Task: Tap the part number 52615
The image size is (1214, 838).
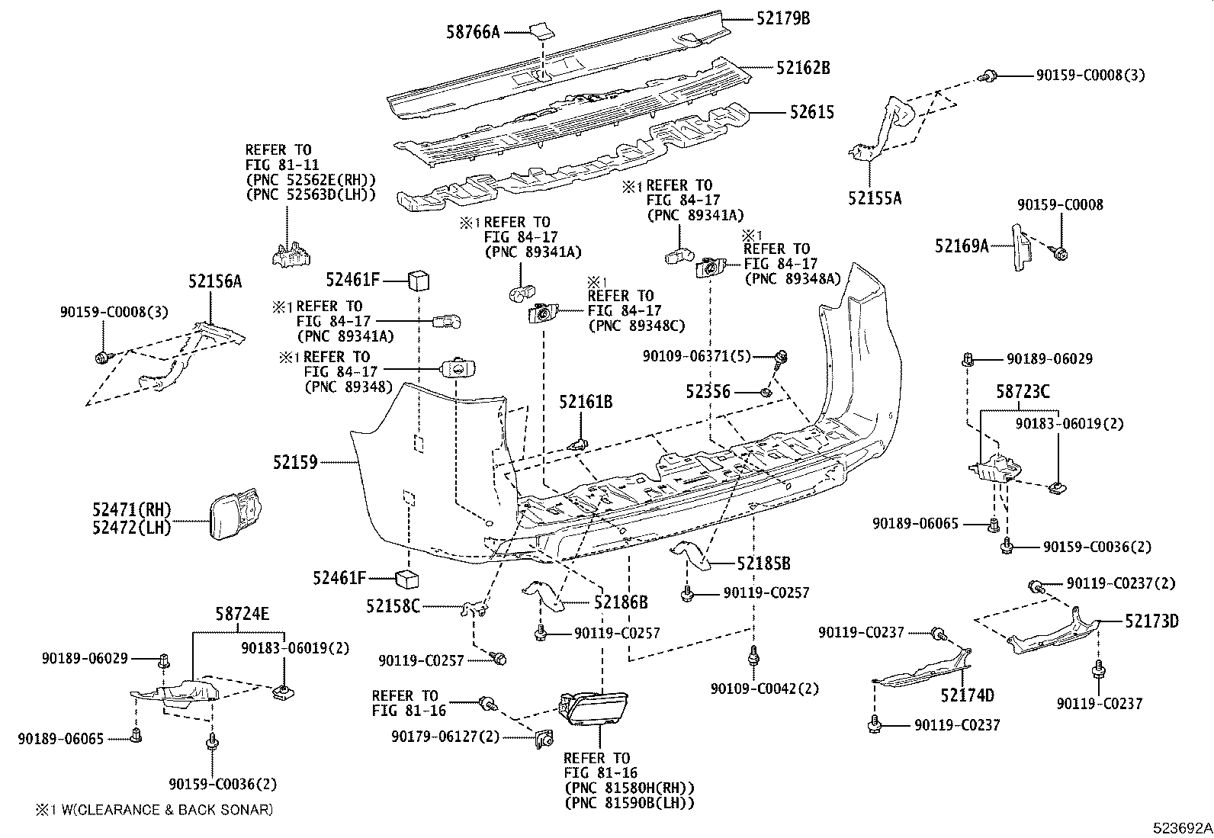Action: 811,113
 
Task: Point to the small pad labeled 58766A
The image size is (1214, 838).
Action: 542,31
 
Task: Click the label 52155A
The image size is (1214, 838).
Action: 874,198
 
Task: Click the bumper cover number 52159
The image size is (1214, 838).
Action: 295,462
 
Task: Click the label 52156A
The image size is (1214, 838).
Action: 215,281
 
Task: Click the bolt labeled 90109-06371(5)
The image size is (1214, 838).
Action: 781,358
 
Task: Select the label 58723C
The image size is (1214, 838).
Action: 1023,392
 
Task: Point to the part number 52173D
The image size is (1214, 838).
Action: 1151,621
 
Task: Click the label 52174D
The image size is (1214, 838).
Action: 967,695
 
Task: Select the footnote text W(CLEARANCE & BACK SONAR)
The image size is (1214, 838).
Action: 161,810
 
